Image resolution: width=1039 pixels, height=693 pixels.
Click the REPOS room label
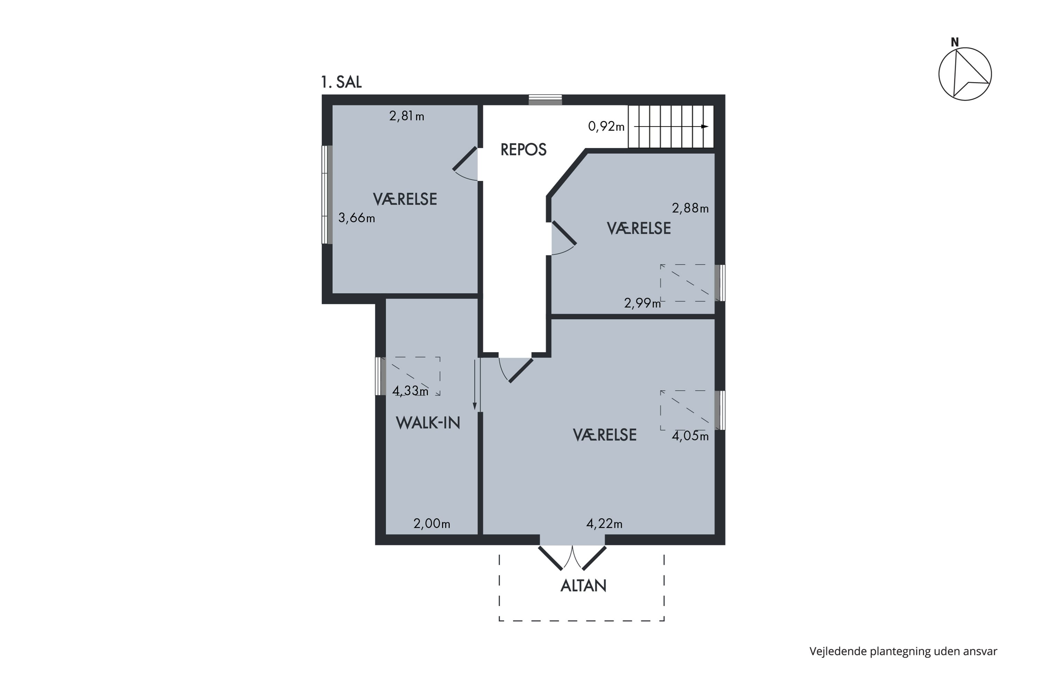[x=523, y=150]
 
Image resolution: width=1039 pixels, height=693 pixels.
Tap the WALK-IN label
[x=428, y=423]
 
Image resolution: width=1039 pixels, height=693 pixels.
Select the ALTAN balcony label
[x=583, y=586]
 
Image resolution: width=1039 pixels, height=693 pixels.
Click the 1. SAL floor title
[x=341, y=82]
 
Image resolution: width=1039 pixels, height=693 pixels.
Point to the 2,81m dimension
[x=406, y=116]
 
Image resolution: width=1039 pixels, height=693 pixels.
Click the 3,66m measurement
[x=356, y=218]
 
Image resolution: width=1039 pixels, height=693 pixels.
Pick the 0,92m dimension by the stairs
[x=606, y=126]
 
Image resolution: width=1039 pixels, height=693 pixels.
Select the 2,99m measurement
[x=642, y=303]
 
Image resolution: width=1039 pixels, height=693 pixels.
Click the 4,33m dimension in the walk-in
[x=410, y=391]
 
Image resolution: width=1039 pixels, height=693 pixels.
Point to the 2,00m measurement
[x=432, y=524]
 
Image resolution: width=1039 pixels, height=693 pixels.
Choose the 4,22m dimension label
[x=604, y=524]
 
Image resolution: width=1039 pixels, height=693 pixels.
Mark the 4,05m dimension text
[x=690, y=436]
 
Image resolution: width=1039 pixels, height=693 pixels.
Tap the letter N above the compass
[x=954, y=42]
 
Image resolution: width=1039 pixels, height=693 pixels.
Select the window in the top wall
[x=545, y=100]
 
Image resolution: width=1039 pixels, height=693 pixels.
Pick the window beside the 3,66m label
[x=327, y=194]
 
